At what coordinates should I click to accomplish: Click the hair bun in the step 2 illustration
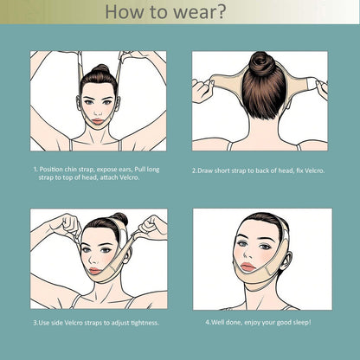pyautogui.click(x=262, y=63)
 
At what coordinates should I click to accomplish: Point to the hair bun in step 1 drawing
pyautogui.click(x=100, y=69)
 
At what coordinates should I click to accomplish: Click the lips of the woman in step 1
pyautogui.click(x=98, y=121)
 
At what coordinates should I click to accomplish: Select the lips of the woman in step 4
pyautogui.click(x=247, y=267)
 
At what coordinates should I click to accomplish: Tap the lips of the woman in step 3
pyautogui.click(x=95, y=271)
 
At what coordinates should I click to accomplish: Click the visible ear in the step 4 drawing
pyautogui.click(x=286, y=261)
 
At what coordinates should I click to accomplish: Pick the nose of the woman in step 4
pyautogui.click(x=247, y=254)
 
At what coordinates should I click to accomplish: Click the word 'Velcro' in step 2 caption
pyautogui.click(x=314, y=170)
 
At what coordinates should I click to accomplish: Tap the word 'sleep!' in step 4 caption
pyautogui.click(x=302, y=322)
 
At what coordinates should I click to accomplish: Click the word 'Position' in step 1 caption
pyautogui.click(x=51, y=170)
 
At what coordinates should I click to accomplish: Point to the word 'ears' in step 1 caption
pyautogui.click(x=126, y=170)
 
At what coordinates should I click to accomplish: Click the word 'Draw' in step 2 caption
pyautogui.click(x=205, y=170)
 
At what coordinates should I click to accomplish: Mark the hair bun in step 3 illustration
pyautogui.click(x=120, y=218)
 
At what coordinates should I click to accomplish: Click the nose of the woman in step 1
pyautogui.click(x=98, y=111)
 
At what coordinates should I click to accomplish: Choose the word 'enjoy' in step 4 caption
pyautogui.click(x=253, y=323)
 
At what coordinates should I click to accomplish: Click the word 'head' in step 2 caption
pyautogui.click(x=286, y=170)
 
